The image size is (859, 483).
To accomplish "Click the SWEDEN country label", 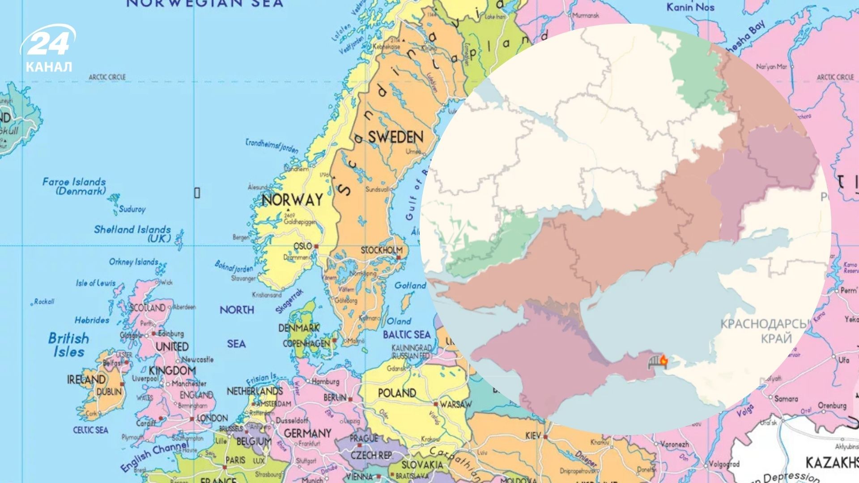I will click(395, 137).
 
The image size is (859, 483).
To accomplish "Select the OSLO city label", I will click(302, 246).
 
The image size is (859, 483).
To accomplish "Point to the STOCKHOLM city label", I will click(381, 250).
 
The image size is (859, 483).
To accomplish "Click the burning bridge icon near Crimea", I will click(658, 361).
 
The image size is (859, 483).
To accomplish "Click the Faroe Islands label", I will click(74, 186).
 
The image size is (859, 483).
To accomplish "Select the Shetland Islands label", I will click(132, 233).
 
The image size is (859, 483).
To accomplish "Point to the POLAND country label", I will click(397, 393).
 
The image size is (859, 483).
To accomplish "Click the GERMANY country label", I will click(307, 433).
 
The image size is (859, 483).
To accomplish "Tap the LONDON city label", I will click(212, 418).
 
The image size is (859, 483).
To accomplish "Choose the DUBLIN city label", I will click(109, 392).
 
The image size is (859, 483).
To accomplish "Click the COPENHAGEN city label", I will click(306, 343).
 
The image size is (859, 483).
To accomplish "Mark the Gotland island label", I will click(410, 285).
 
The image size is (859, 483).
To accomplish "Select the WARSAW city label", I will click(455, 404).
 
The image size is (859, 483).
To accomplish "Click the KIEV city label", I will click(533, 436).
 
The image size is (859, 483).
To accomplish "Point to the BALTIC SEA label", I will click(406, 335).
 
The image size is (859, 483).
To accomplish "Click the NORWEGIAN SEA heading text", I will click(205, 4).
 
